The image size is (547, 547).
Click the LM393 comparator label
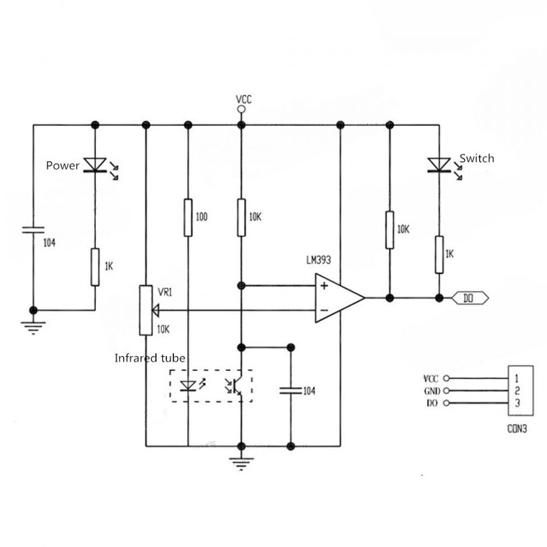pos(319,260)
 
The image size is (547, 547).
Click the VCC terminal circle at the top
pos(242,110)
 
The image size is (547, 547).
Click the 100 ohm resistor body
pos(188,217)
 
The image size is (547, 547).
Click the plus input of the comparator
pos(324,286)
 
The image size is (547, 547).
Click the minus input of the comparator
pos(324,310)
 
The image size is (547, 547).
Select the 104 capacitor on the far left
pos(33,230)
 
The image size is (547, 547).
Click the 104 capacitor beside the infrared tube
pos(291,390)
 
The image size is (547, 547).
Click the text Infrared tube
pos(150,358)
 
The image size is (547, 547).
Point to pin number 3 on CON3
pos(516,403)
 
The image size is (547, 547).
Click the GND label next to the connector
pos(432,391)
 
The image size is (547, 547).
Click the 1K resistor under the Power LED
pos(95,267)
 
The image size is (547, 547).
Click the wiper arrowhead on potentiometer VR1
pos(156,310)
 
